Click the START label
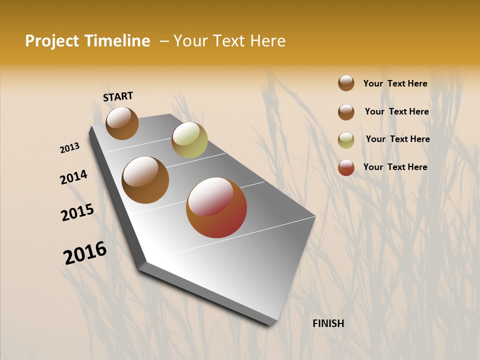[118, 96]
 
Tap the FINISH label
[328, 323]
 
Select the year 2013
[70, 148]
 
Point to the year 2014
[74, 177]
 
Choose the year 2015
[77, 212]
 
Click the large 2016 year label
[85, 253]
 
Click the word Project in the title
[52, 41]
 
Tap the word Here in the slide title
[267, 41]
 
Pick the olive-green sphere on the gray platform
[189, 140]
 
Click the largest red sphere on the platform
[216, 207]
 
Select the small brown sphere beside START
[122, 123]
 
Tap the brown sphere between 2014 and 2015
[145, 180]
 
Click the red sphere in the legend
[346, 167]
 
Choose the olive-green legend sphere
[346, 140]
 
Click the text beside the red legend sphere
[395, 167]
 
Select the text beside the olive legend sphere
[397, 139]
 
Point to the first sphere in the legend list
[346, 83]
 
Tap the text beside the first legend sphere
[395, 83]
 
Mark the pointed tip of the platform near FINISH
[272, 324]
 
